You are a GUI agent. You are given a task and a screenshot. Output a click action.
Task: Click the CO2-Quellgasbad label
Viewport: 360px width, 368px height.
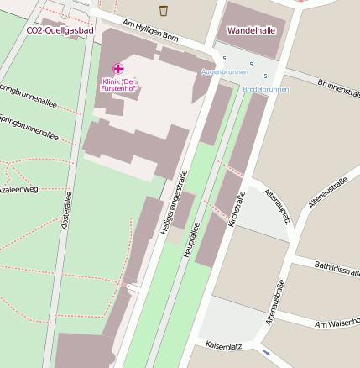point(60,30)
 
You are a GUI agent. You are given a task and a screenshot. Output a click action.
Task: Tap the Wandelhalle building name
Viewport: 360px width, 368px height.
point(253,29)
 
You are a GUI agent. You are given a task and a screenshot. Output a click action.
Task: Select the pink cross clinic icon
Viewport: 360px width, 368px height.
point(118,68)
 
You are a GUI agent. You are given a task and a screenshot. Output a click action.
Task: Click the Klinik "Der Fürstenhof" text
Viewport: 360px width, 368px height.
point(120,84)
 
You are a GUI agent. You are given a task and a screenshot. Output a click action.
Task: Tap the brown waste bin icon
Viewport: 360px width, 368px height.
point(163,10)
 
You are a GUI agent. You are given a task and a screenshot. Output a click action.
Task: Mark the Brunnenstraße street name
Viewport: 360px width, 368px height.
point(339,89)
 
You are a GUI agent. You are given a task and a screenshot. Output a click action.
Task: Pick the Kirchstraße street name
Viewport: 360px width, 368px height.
point(237,209)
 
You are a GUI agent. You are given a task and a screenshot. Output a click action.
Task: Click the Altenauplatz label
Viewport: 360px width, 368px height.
point(277,206)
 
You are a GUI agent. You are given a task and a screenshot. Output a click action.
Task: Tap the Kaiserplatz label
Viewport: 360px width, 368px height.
point(224,345)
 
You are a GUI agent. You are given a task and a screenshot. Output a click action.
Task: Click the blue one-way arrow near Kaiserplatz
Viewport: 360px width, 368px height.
point(266,351)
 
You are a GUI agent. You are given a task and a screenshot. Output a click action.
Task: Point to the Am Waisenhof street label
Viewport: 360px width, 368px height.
point(337,323)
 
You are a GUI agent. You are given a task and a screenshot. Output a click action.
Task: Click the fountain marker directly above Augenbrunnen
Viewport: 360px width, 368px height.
point(224,58)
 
